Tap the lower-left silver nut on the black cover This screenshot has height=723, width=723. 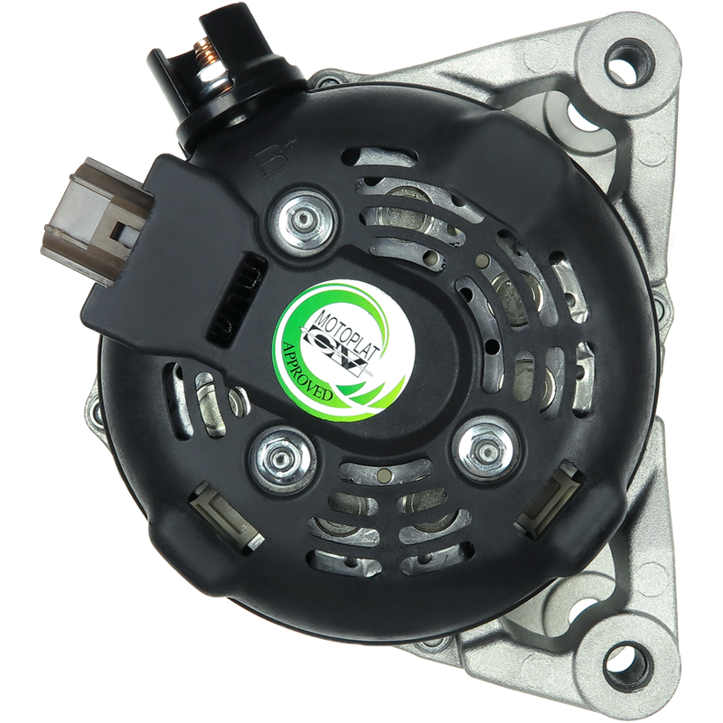(280, 459)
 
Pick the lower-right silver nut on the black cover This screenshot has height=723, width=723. (486, 448)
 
